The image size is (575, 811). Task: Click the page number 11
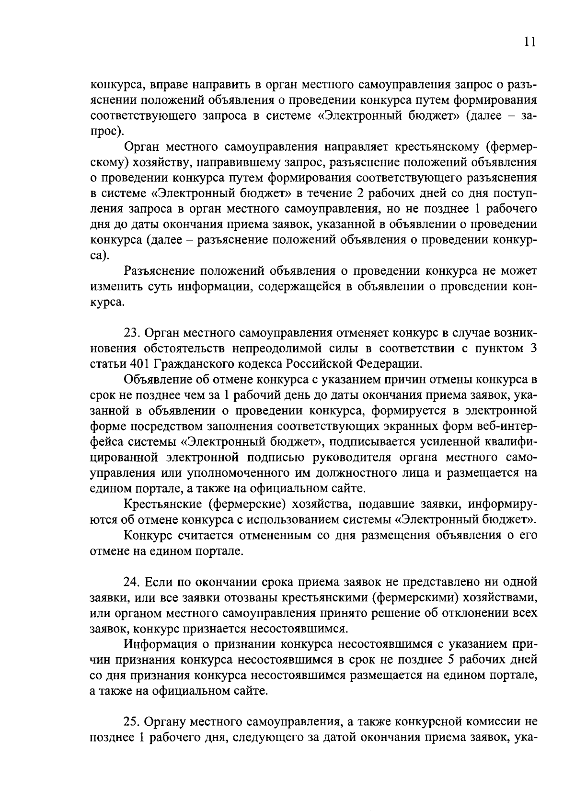pos(529,42)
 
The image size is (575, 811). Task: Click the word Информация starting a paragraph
pos(161,644)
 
